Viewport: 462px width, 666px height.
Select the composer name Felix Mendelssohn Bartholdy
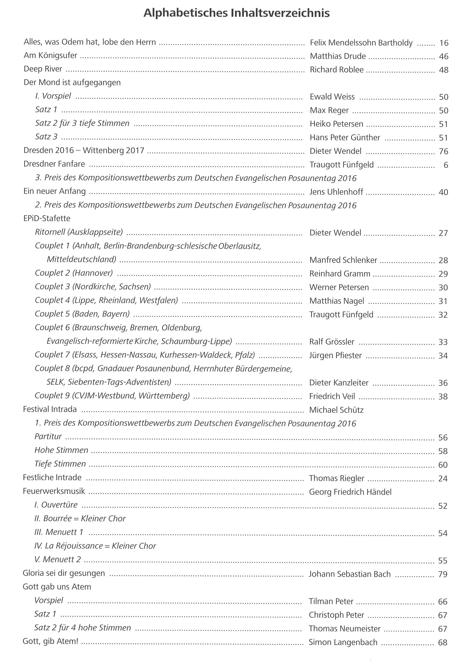(x=361, y=43)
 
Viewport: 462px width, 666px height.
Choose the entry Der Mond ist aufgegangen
(x=72, y=82)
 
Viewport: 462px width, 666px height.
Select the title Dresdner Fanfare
(x=54, y=164)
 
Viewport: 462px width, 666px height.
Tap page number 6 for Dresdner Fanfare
(x=445, y=165)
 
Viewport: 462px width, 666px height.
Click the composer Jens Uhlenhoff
(x=336, y=192)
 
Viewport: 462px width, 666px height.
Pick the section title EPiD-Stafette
(x=47, y=218)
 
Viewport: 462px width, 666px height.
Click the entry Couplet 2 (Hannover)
(x=74, y=273)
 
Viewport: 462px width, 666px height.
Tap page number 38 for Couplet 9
(x=443, y=396)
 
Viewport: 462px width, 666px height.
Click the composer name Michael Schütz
(x=336, y=410)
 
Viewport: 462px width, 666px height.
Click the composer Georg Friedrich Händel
(x=350, y=492)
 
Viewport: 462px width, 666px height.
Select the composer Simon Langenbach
(x=343, y=642)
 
